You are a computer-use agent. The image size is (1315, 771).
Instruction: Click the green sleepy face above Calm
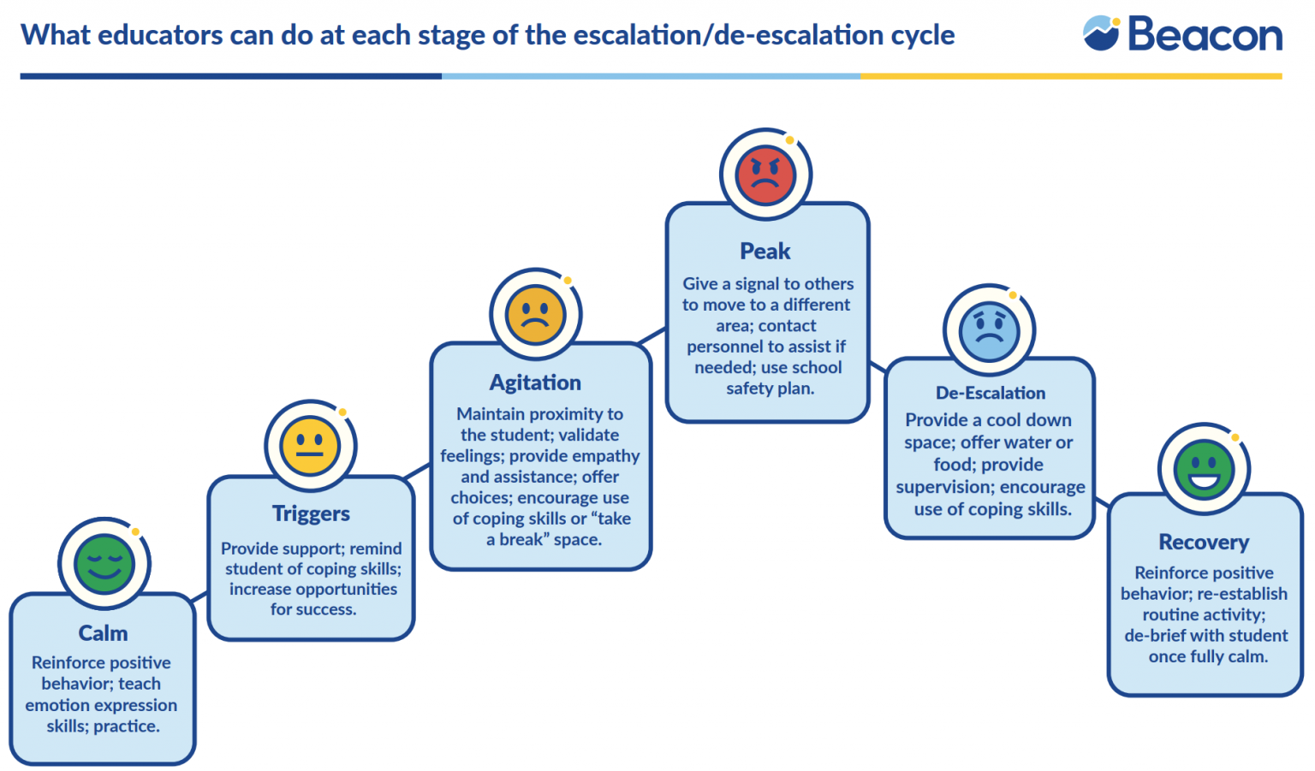coord(104,565)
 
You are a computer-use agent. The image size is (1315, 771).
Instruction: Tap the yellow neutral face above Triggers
coord(310,446)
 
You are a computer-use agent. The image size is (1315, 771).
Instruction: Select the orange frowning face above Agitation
coord(535,315)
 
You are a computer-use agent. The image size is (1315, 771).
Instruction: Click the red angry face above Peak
coord(765,175)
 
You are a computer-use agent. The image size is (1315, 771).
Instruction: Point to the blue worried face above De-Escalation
coord(989,331)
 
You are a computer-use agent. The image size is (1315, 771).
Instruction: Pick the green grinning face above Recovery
coord(1204,470)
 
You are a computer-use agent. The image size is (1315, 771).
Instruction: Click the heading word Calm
coord(103,633)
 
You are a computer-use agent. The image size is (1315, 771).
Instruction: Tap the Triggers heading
coord(311,513)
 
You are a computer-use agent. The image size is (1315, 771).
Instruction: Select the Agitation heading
coord(535,383)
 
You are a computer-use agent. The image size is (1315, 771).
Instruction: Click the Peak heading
coord(765,252)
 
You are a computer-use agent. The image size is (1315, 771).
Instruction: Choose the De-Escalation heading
coord(990,394)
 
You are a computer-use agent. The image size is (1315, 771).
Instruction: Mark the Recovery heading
coord(1204,543)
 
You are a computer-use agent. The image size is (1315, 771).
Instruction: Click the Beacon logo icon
coord(1101,34)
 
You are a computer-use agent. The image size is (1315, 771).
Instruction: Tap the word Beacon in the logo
coord(1205,35)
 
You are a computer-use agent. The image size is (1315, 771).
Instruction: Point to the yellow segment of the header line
coord(1070,76)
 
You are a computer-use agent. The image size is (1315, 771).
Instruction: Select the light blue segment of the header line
coord(651,76)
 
